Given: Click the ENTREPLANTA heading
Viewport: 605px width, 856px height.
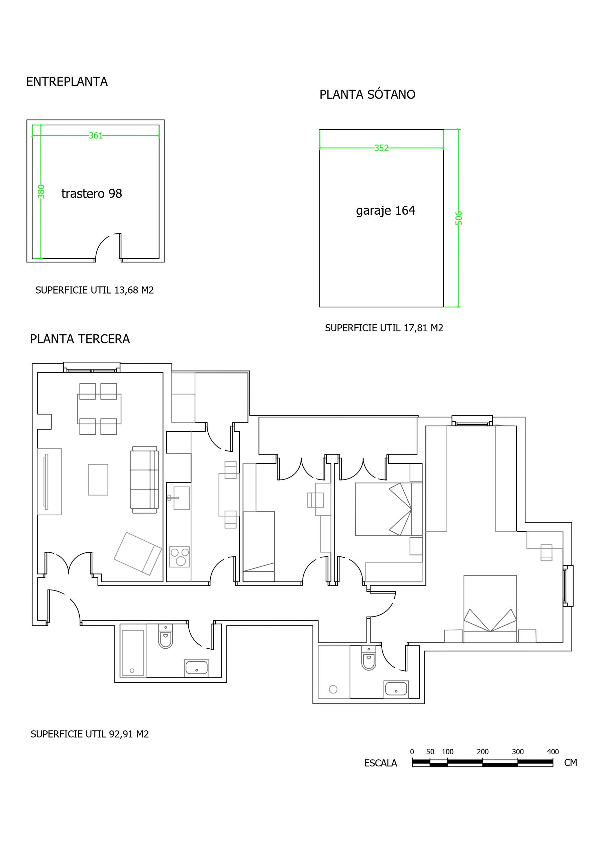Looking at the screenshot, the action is tap(67, 82).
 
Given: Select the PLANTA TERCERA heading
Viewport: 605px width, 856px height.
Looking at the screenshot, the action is tap(80, 339).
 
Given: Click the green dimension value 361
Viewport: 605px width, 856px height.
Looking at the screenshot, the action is tap(96, 136).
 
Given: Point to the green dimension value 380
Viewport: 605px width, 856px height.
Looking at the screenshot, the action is tap(41, 192).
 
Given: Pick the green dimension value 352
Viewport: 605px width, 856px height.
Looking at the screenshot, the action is tap(381, 148).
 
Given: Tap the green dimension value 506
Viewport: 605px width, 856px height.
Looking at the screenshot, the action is tap(459, 218).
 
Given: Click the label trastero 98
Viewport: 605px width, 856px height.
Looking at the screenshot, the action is tap(92, 194).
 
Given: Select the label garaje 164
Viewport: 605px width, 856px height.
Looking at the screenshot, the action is tap(385, 211).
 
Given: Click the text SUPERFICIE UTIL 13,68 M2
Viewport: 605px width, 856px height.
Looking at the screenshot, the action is tap(94, 290).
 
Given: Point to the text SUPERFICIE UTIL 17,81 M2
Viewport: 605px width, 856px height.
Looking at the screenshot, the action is tap(384, 328).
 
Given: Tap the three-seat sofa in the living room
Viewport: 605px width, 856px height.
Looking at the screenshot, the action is tap(144, 479).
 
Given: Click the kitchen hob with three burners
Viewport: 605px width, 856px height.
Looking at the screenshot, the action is tap(179, 557).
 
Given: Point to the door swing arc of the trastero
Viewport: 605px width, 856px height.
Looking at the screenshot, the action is tap(101, 246).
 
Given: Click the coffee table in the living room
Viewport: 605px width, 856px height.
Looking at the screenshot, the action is tap(98, 479).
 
